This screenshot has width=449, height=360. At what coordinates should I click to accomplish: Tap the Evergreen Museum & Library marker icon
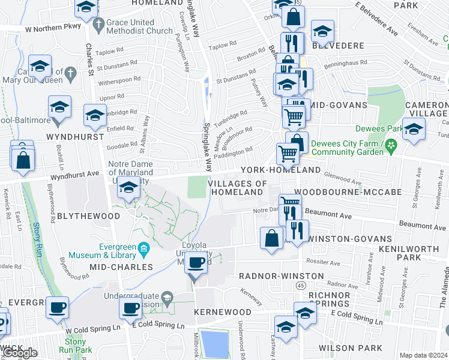point(143,248)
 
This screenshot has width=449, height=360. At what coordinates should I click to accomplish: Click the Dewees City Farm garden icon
point(391,145)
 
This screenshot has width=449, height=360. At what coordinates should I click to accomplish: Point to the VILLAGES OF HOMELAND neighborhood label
point(237,187)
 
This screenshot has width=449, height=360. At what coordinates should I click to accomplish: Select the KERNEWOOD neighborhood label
point(222,313)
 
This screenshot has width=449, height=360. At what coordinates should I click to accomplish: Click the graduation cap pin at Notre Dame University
point(127,188)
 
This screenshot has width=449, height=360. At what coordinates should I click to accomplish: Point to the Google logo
point(20,353)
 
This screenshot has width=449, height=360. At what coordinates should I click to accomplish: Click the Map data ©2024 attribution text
point(423,355)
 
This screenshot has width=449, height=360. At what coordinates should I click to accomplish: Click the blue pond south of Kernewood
point(214,344)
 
